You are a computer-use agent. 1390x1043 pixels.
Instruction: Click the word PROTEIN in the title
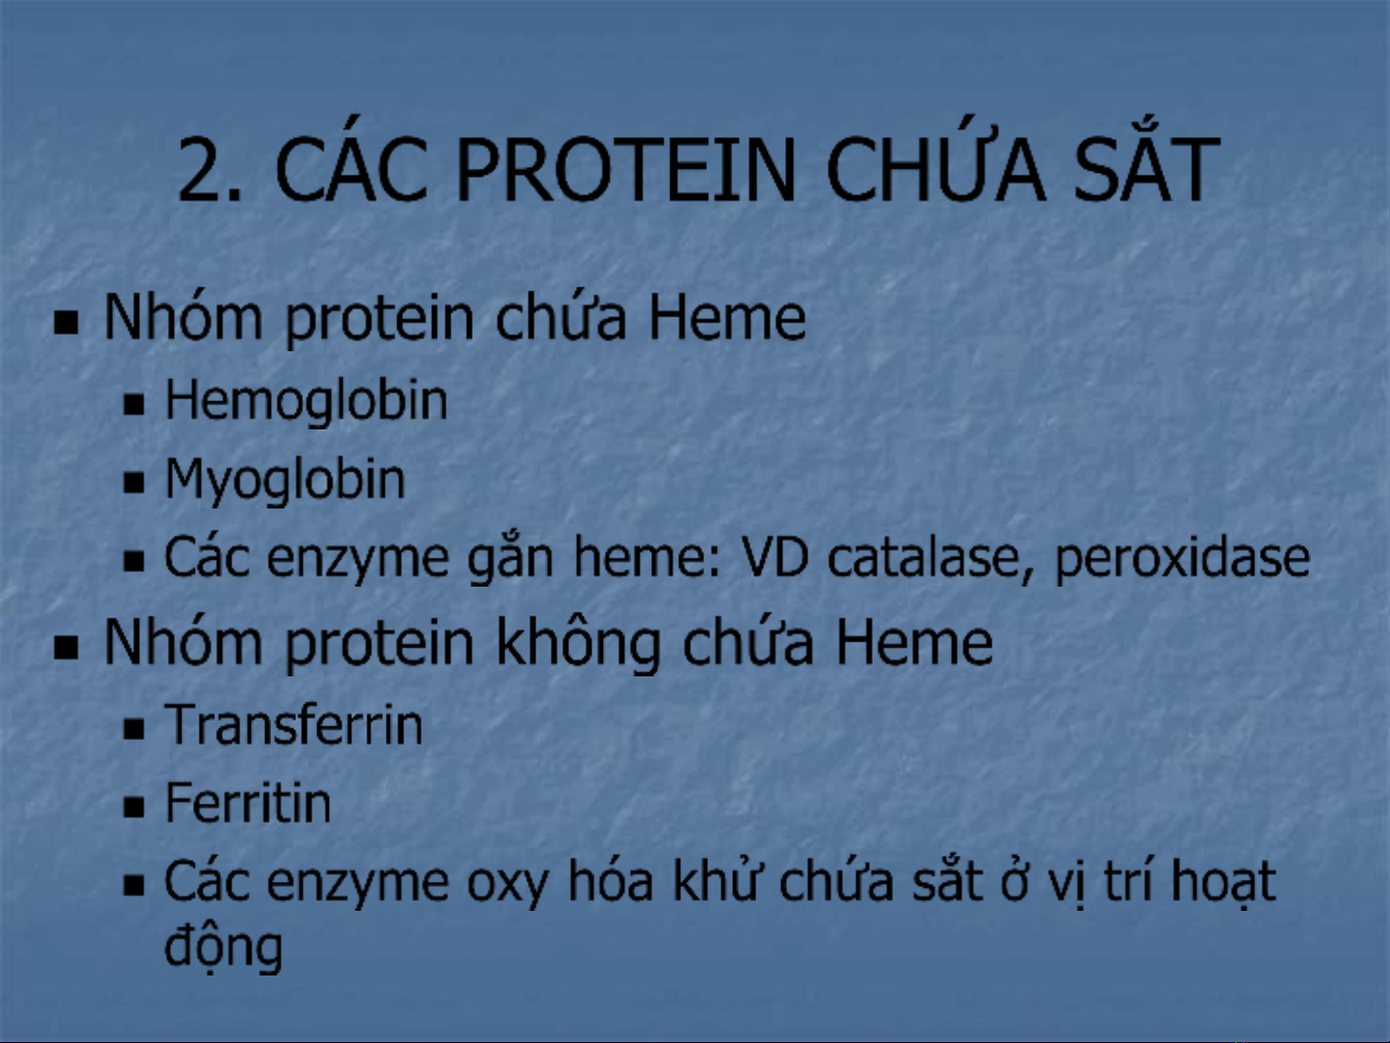click(624, 171)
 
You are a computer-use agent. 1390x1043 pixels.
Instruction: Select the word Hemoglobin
click(306, 401)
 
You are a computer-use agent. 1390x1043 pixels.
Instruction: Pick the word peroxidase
click(1182, 560)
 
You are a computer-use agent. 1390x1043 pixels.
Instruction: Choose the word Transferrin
click(294, 726)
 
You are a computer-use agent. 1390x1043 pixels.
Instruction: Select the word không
click(579, 643)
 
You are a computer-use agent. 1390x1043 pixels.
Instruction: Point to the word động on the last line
click(224, 948)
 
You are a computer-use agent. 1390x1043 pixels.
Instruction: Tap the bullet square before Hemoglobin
click(134, 404)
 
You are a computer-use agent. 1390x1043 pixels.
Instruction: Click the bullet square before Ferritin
click(134, 808)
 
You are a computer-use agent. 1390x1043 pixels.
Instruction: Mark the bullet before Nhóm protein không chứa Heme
click(66, 647)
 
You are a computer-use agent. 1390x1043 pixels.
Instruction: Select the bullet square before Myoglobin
click(134, 483)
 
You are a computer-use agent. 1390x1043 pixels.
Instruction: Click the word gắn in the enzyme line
click(510, 560)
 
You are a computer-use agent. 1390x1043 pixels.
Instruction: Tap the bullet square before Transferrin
click(134, 729)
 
